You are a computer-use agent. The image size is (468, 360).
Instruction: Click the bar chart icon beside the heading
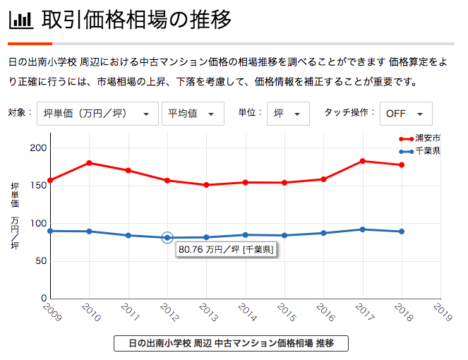click(x=21, y=20)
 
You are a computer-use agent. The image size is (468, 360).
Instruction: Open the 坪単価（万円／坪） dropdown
click(x=97, y=114)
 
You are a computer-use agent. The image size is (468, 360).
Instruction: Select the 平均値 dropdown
click(x=193, y=114)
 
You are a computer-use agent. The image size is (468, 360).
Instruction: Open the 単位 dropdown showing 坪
click(x=288, y=114)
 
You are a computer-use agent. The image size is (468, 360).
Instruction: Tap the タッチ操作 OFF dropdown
click(x=406, y=114)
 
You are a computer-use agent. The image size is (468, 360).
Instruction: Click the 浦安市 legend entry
click(x=420, y=138)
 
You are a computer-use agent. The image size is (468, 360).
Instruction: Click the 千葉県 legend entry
click(x=420, y=151)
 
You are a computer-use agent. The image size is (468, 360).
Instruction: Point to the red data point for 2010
click(x=89, y=163)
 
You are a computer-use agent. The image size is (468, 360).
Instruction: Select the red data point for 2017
click(x=363, y=161)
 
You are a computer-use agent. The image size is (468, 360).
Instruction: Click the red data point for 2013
click(x=206, y=185)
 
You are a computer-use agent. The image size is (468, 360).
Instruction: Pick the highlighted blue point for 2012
click(x=167, y=238)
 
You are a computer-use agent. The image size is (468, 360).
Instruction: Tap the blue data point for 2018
click(x=402, y=232)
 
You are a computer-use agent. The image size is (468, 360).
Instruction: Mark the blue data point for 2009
click(x=50, y=231)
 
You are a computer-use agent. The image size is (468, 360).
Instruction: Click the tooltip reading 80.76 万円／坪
click(x=226, y=249)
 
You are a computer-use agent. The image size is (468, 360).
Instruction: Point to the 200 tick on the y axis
click(x=38, y=148)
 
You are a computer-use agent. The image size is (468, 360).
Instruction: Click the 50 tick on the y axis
click(x=41, y=261)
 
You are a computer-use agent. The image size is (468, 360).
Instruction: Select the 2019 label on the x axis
click(x=443, y=312)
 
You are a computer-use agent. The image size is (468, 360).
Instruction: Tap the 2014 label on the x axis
click(x=247, y=312)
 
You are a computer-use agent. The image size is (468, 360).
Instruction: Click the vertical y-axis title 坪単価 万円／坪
click(x=15, y=216)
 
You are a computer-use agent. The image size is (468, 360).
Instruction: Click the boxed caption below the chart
click(x=231, y=343)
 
